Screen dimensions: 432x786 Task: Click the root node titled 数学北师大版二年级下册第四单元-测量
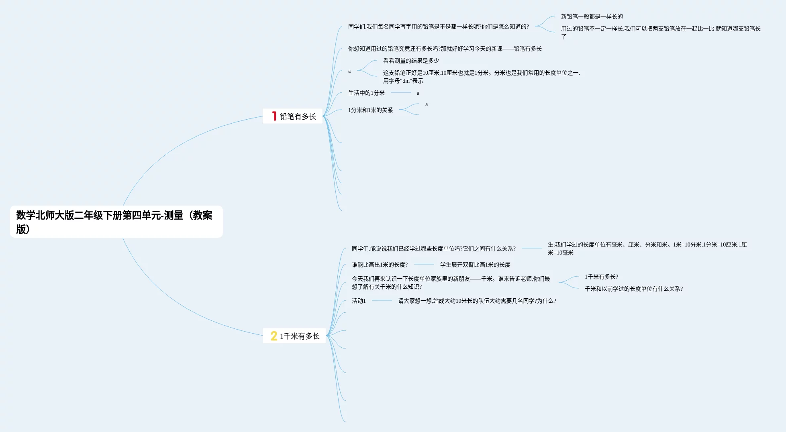tap(116, 222)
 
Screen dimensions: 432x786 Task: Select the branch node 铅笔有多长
tap(298, 116)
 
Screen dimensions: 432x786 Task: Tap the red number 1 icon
tap(274, 116)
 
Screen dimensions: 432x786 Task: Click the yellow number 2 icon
tap(274, 336)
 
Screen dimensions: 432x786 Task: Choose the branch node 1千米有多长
tap(300, 336)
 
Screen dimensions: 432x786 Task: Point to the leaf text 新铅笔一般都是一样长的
tap(592, 16)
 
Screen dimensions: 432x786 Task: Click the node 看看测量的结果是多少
tap(411, 61)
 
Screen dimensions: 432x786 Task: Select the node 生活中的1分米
tap(366, 93)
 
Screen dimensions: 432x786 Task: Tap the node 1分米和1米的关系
tap(370, 110)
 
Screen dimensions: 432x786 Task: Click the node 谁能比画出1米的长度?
tap(380, 265)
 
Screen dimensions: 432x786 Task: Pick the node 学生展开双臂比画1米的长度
tap(475, 265)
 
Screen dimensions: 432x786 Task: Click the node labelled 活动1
tap(359, 301)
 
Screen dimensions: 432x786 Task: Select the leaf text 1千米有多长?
tap(601, 277)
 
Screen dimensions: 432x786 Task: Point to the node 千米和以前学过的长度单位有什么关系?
tap(633, 289)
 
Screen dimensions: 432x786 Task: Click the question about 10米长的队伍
tap(477, 301)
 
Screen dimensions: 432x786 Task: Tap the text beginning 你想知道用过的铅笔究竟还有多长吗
tap(445, 49)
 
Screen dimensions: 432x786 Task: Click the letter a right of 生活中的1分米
tap(418, 93)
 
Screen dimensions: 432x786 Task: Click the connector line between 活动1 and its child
tap(382, 300)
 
